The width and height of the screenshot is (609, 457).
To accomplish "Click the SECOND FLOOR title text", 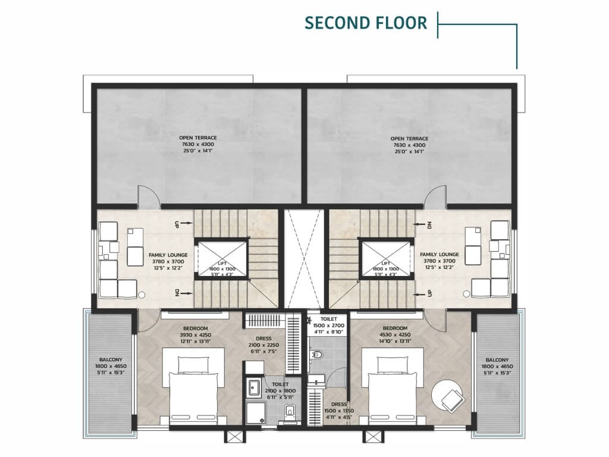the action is [x=366, y=23].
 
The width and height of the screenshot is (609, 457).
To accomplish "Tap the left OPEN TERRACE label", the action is [x=197, y=138].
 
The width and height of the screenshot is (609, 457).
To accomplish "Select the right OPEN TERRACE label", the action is [x=409, y=139].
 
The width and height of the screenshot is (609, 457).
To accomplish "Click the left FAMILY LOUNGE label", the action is [x=168, y=255].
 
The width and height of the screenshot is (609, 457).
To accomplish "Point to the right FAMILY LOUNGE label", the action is [x=440, y=255].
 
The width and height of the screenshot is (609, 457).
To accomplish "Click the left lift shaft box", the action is [x=222, y=259].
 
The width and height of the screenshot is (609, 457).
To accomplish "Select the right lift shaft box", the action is [x=385, y=259].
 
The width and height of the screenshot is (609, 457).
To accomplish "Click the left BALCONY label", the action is [x=111, y=360].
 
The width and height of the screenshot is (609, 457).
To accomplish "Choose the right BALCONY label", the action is [x=497, y=360].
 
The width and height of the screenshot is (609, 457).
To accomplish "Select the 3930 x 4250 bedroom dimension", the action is [x=195, y=335].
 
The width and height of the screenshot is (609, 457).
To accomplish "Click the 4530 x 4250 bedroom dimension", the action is [x=394, y=335].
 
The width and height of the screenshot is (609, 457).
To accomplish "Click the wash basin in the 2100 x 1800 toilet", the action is [x=255, y=387].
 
